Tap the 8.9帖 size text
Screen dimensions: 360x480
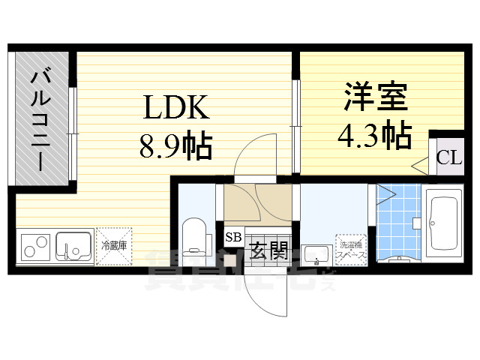pyautogui.click(x=175, y=144)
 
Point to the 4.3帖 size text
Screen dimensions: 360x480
pyautogui.click(x=375, y=135)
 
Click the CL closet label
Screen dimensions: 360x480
pyautogui.click(x=448, y=157)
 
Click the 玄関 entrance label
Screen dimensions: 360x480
pyautogui.click(x=268, y=250)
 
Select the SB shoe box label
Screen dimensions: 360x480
pyautogui.click(x=233, y=238)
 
